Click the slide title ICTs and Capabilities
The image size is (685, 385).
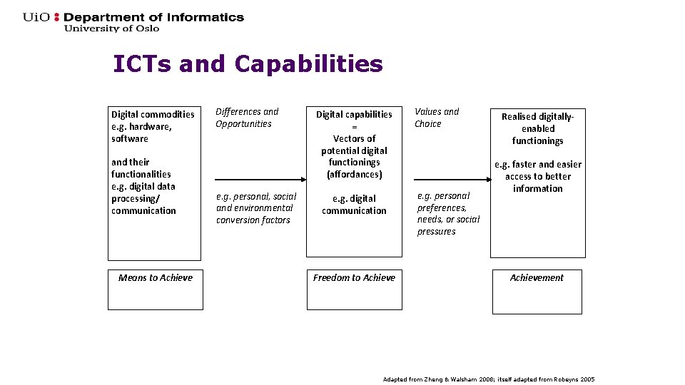[x=248, y=64]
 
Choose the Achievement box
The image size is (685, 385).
[x=537, y=291]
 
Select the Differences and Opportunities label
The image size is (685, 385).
[x=247, y=118]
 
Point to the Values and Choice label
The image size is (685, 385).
[x=437, y=118]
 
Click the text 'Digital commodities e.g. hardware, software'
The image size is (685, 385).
[x=152, y=126]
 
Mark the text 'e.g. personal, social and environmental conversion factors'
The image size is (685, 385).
[x=255, y=207]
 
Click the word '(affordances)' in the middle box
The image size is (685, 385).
[x=354, y=175]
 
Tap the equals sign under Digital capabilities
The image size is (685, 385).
[x=354, y=126]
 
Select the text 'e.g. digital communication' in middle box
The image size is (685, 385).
[x=354, y=205]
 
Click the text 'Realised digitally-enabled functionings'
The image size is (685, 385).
[x=537, y=128]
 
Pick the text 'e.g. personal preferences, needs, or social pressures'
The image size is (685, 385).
[x=448, y=213]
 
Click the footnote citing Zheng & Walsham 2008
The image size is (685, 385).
[x=488, y=379]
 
